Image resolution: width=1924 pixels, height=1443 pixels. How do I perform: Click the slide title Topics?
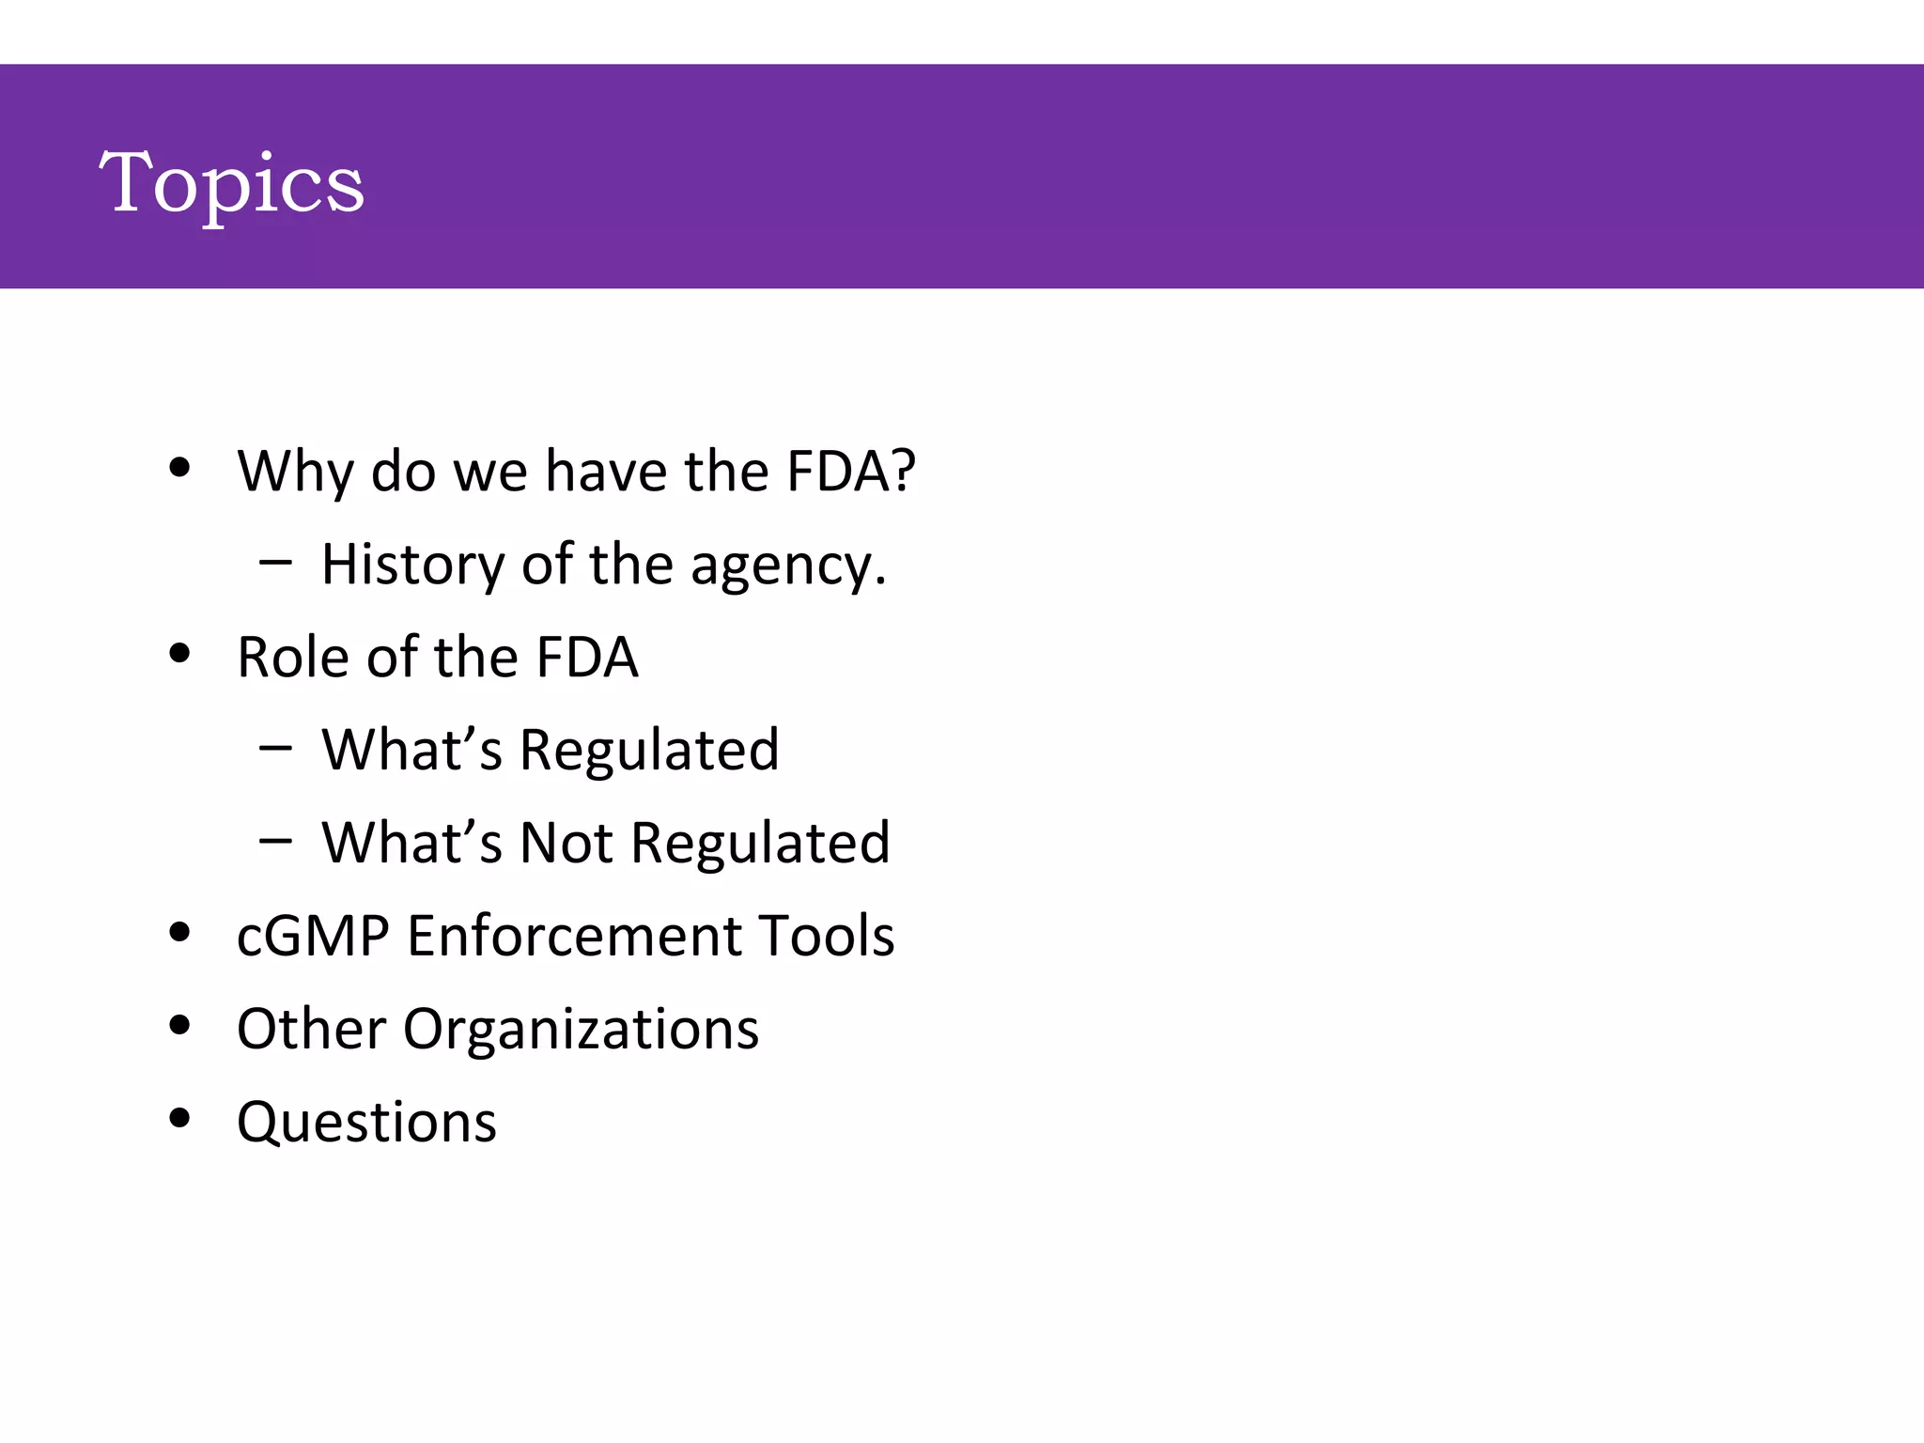click(x=231, y=183)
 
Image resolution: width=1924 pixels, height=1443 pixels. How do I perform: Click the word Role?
click(x=293, y=657)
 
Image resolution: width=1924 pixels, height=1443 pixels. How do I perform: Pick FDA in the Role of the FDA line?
click(x=586, y=657)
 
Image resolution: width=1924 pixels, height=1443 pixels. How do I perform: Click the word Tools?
click(x=826, y=936)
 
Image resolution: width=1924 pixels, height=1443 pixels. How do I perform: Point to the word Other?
click(x=311, y=1029)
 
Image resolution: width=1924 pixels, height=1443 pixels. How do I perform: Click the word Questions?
click(x=366, y=1122)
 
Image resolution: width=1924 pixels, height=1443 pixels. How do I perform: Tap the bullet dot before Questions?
click(x=179, y=1118)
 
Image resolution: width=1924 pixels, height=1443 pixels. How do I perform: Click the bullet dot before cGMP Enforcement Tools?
click(x=179, y=932)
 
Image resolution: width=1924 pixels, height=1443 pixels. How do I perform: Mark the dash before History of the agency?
click(x=275, y=563)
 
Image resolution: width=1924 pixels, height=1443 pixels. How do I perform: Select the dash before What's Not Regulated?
click(x=275, y=840)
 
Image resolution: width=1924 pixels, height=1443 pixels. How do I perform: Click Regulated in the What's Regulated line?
click(x=649, y=751)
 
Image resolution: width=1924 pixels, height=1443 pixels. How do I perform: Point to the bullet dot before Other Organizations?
click(x=179, y=1025)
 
